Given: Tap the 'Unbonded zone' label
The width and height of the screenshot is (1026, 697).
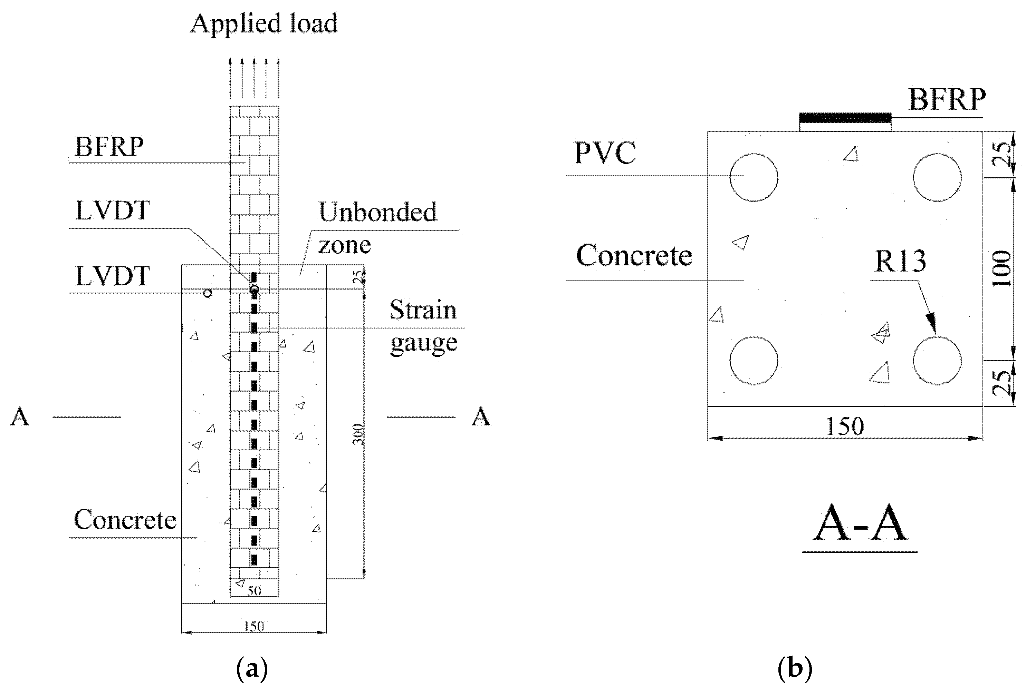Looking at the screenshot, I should [377, 228].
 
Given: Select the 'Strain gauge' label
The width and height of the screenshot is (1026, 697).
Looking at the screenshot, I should [423, 326].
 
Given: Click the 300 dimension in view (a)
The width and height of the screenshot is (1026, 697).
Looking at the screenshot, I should [358, 434].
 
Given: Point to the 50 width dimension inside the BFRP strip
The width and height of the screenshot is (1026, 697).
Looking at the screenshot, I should [254, 591].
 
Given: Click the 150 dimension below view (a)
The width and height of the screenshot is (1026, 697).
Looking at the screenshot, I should [254, 626].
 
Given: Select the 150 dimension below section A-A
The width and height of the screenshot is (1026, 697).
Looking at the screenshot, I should [845, 426].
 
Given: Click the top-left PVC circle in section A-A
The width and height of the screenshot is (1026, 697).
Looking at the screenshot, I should [754, 177].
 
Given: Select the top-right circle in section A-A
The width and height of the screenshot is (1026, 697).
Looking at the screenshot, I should [937, 177].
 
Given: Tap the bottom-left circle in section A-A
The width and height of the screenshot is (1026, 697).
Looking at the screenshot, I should [754, 361].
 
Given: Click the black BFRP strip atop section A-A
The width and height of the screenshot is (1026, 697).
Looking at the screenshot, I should [845, 118].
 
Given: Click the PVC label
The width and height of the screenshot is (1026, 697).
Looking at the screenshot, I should [605, 153].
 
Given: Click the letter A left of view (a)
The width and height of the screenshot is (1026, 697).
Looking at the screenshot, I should [20, 416].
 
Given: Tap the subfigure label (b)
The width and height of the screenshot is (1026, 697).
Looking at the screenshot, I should [795, 669].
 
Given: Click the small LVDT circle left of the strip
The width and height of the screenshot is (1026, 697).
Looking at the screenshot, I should [208, 293].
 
